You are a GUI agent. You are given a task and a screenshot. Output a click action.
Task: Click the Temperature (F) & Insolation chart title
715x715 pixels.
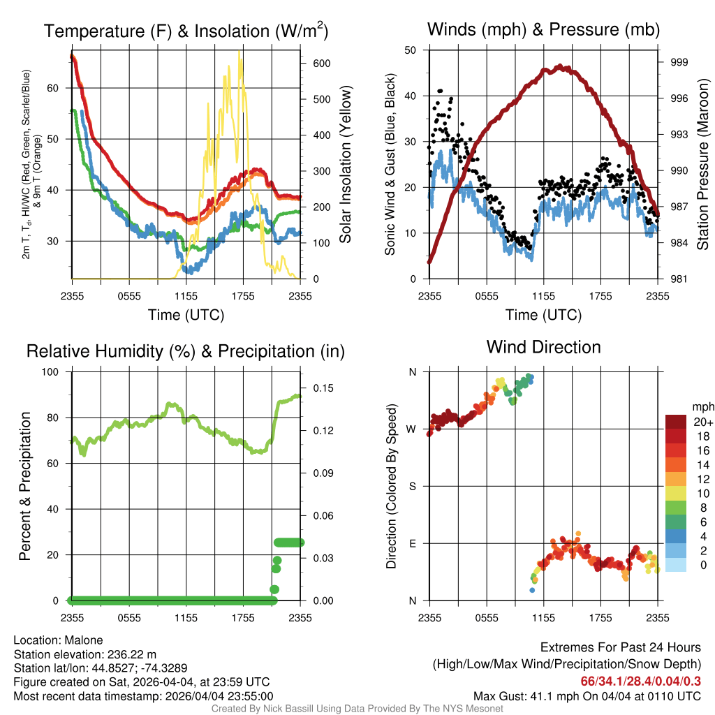[186, 31]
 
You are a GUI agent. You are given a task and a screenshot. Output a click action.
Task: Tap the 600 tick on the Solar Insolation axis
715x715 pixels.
[321, 64]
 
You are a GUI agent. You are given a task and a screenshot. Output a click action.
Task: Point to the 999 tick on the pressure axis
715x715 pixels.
[679, 62]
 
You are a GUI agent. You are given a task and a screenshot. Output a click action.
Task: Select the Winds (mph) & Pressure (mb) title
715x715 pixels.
[543, 29]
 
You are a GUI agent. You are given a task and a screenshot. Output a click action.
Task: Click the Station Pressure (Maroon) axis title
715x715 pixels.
[702, 164]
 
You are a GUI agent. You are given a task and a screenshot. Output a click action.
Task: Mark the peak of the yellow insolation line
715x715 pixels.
[239, 52]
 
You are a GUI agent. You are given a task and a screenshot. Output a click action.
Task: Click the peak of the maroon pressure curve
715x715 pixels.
[561, 67]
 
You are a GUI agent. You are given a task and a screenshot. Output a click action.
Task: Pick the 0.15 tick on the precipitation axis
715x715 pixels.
[323, 388]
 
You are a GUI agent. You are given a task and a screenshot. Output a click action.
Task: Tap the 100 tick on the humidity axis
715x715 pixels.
[50, 371]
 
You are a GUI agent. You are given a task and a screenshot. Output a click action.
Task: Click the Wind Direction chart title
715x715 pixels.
[543, 347]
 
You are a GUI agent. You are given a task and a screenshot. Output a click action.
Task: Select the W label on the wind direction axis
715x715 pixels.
[411, 429]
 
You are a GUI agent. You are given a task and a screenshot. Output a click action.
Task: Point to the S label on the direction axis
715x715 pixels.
[412, 486]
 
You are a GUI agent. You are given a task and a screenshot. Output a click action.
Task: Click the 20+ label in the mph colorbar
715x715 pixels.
[702, 422]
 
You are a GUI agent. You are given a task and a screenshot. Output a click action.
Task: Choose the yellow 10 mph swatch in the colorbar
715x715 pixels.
[676, 494]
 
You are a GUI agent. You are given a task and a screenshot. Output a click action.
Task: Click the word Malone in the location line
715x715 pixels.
[84, 640]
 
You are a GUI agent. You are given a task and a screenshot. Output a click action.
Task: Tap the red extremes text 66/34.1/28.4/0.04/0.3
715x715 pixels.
[641, 681]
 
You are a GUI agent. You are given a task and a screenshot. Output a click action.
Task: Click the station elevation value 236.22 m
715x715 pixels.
[132, 654]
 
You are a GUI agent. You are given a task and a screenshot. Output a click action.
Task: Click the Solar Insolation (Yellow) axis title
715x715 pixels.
[345, 164]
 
